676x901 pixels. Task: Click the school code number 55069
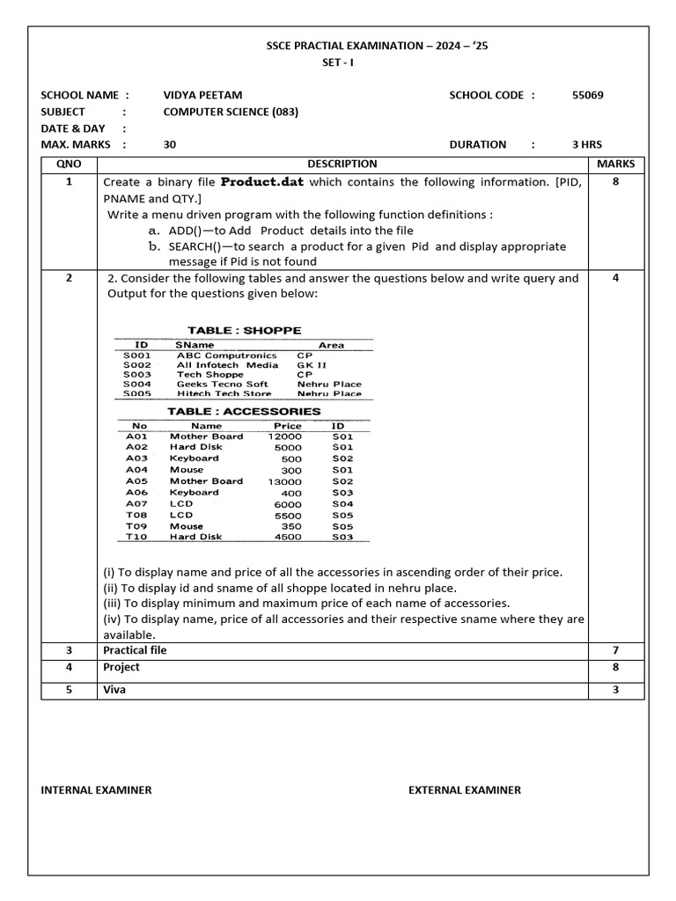[587, 95]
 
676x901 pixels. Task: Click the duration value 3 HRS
[587, 144]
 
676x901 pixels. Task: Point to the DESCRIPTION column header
[342, 164]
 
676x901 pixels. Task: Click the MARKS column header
[615, 164]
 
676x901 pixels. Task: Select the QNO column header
[69, 164]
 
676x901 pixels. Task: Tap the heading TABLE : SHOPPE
[244, 331]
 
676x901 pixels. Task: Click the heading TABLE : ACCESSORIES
[244, 411]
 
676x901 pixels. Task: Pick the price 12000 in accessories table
[284, 436]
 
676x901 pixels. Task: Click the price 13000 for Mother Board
[284, 481]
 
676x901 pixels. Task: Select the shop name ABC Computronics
[226, 355]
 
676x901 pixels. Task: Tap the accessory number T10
[136, 537]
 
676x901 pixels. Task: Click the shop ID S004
[136, 385]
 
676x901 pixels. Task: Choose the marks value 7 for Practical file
[615, 650]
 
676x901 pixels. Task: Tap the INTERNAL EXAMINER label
[96, 790]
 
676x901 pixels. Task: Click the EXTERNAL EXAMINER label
[464, 790]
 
